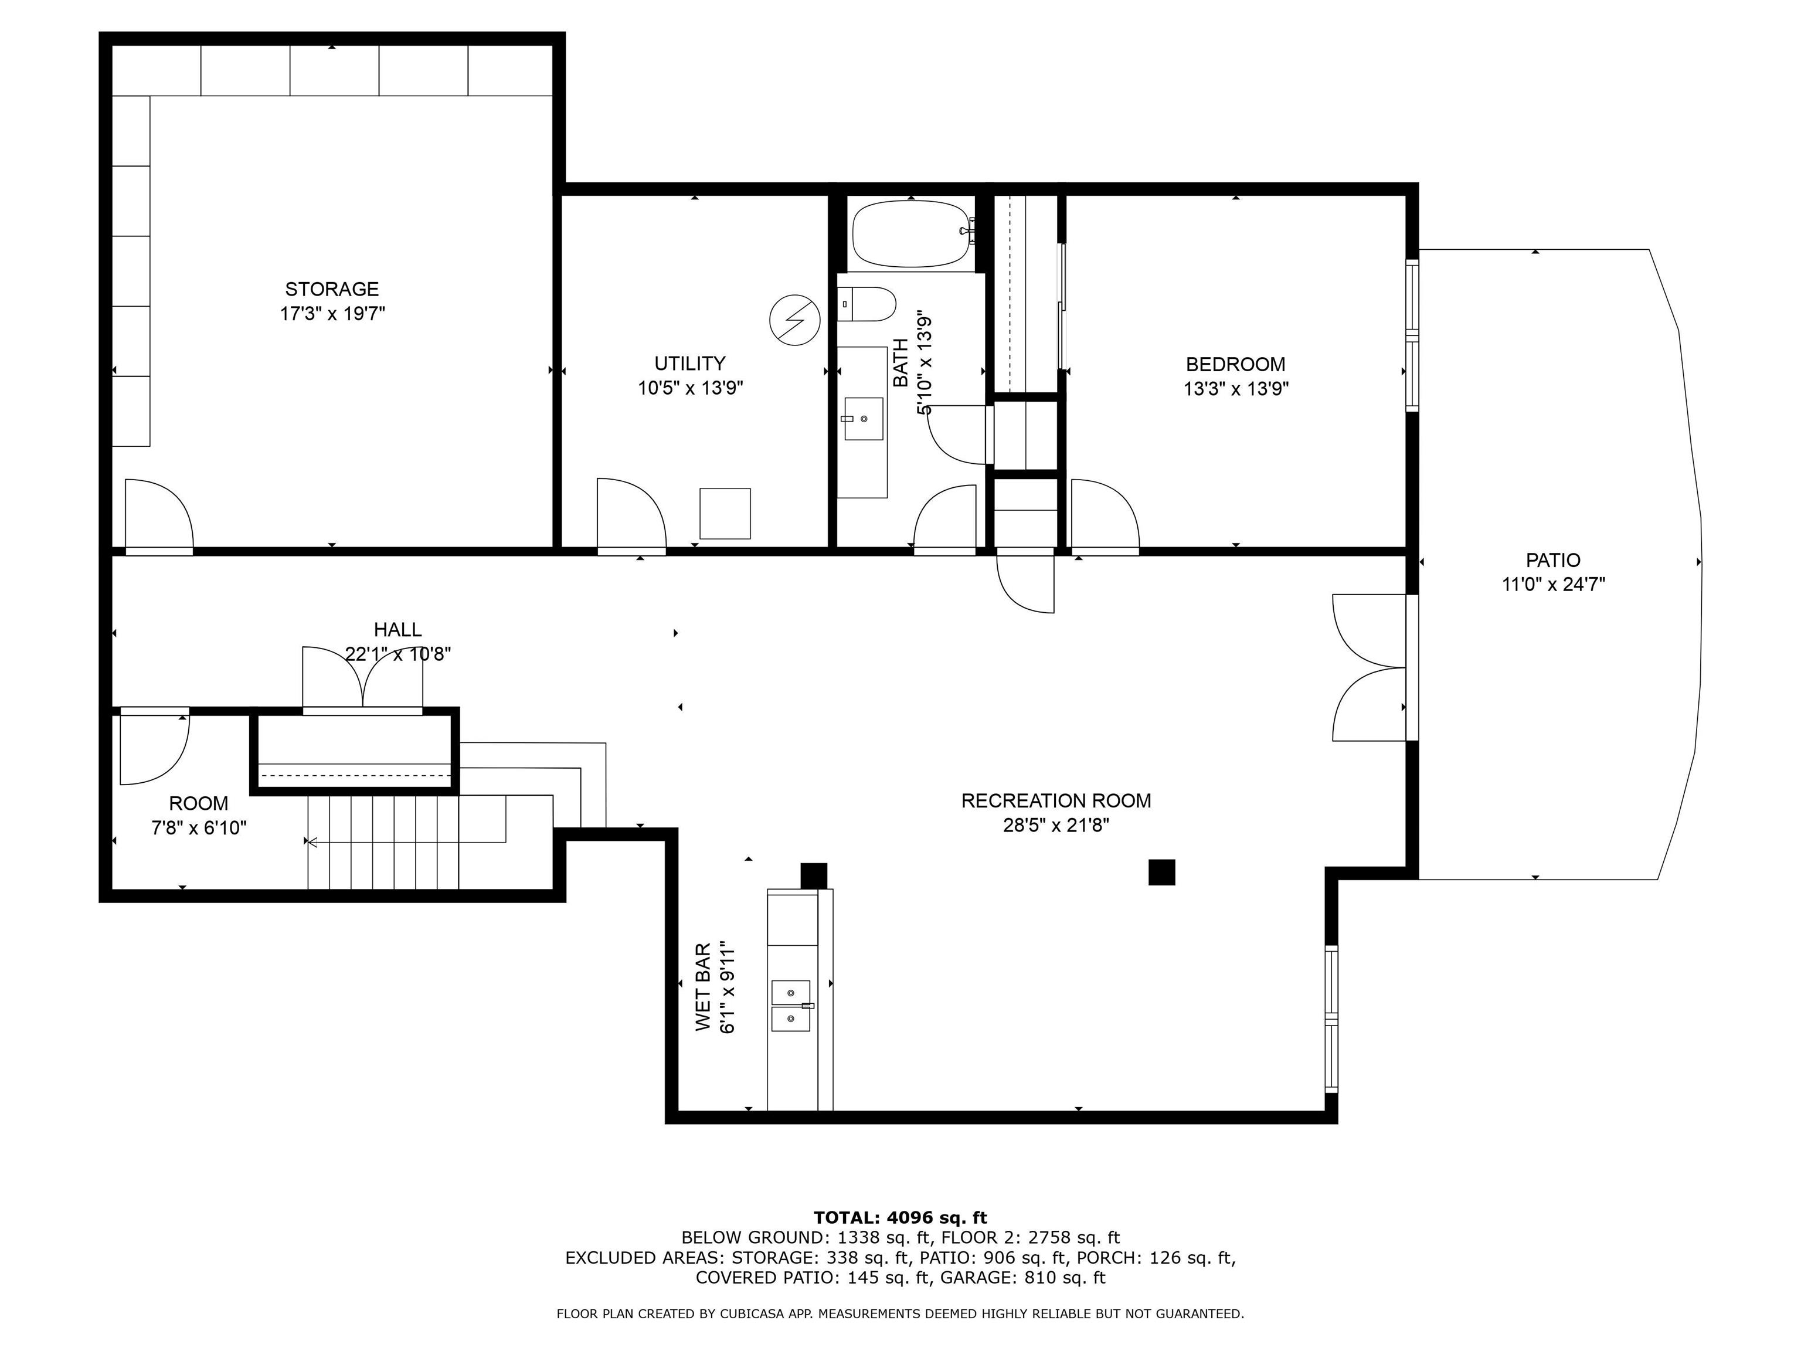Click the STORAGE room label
(331, 289)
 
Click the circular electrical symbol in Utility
(794, 318)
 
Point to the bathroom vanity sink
(862, 419)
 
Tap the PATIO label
(1552, 560)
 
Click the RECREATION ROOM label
(1056, 800)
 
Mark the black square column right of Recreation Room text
(1161, 872)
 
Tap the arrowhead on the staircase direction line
(310, 842)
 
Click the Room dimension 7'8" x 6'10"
(199, 828)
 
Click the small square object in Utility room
(725, 513)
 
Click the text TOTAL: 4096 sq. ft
(900, 1217)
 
